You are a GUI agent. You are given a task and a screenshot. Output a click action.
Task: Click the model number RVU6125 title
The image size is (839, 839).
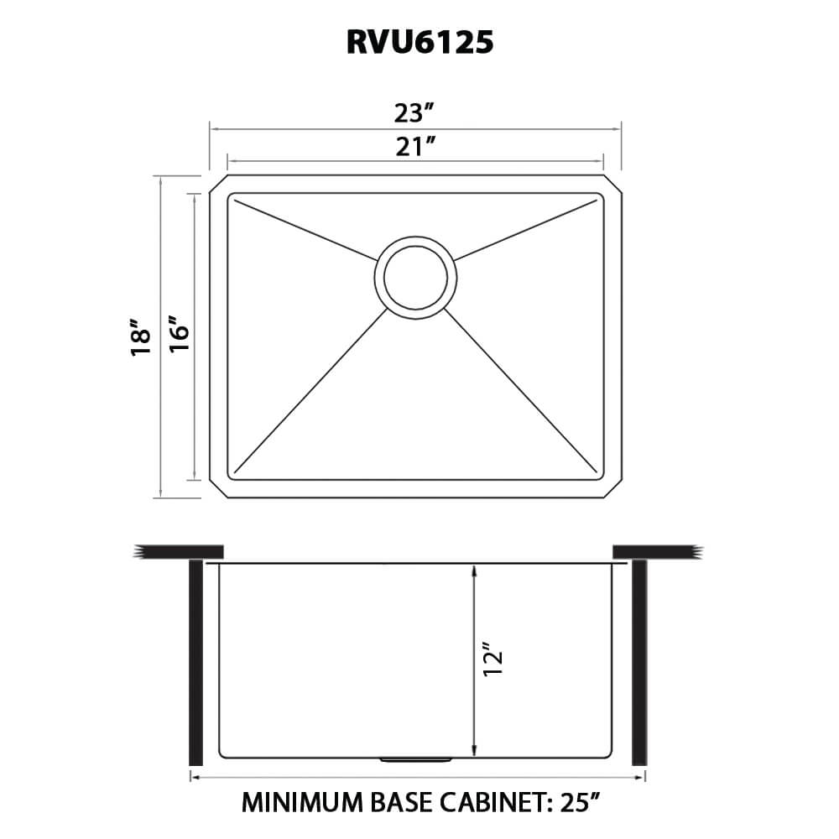pyautogui.click(x=419, y=43)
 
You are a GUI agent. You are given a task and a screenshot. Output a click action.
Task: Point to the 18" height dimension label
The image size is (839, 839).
pyautogui.click(x=141, y=337)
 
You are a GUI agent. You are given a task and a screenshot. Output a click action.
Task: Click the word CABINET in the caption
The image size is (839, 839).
pyautogui.click(x=488, y=804)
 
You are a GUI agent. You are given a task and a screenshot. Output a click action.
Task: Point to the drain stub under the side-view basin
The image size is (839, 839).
pyautogui.click(x=415, y=759)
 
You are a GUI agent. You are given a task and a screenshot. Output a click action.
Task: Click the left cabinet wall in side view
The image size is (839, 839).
pyautogui.click(x=195, y=663)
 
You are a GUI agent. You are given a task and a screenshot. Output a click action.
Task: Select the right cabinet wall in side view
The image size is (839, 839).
pyautogui.click(x=638, y=663)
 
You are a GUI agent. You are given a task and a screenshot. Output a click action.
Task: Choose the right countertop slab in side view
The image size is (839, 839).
pyautogui.click(x=654, y=550)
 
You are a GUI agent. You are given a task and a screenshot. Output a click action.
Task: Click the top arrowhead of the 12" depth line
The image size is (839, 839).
pyautogui.click(x=474, y=571)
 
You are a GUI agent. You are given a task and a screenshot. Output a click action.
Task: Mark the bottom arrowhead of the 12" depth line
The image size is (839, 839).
pyautogui.click(x=474, y=748)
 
